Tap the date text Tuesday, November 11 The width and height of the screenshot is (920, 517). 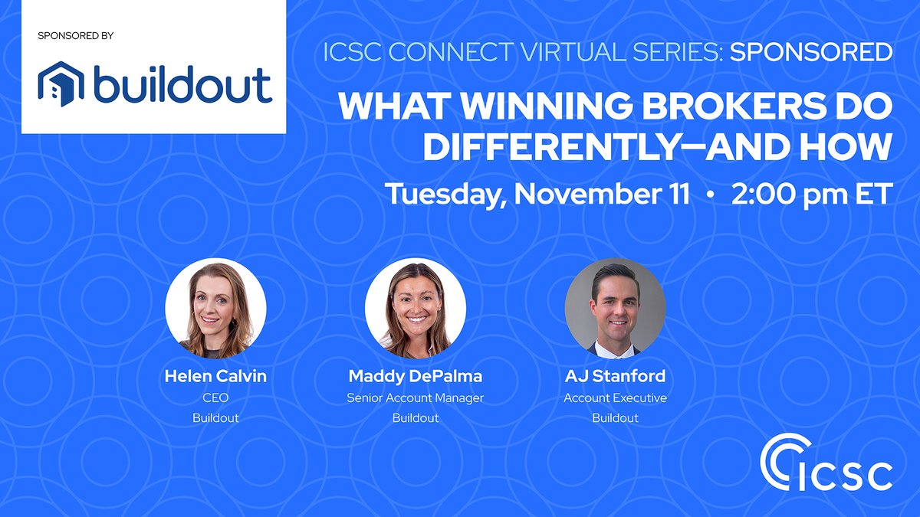pyautogui.click(x=537, y=193)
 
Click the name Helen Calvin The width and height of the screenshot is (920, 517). pyautogui.click(x=215, y=377)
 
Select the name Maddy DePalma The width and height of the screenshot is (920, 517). pyautogui.click(x=415, y=377)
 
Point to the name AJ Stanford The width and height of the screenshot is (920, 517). pyautogui.click(x=615, y=377)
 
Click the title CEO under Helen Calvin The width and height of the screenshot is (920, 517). pyautogui.click(x=215, y=398)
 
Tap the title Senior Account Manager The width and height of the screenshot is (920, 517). pyautogui.click(x=415, y=398)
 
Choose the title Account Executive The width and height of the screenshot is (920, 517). pyautogui.click(x=615, y=398)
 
